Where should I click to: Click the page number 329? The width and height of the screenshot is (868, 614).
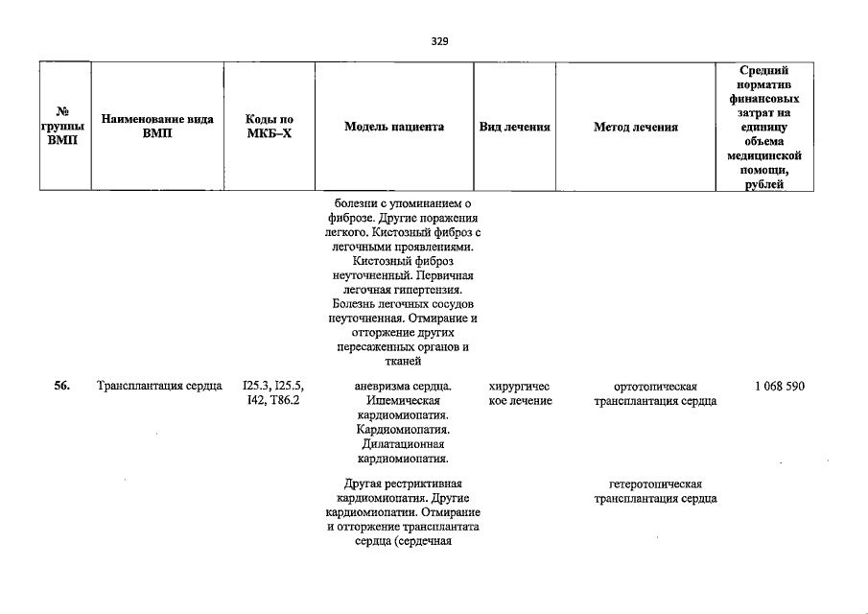click(439, 41)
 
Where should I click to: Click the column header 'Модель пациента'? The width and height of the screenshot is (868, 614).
click(394, 127)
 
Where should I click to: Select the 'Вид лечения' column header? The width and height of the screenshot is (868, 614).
click(514, 127)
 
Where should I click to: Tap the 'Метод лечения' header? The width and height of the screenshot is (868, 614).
click(635, 127)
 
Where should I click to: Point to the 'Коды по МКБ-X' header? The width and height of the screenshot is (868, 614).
click(269, 127)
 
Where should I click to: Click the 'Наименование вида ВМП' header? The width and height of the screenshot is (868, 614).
click(156, 127)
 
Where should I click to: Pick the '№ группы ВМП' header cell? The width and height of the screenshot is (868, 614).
click(64, 127)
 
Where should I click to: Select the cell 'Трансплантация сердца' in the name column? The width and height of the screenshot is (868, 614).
click(159, 386)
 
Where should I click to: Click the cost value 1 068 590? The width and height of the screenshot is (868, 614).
click(779, 386)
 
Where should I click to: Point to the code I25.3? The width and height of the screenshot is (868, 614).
click(256, 386)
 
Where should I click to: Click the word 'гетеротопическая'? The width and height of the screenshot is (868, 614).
click(655, 484)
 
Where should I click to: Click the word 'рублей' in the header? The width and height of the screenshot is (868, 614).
click(764, 184)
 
